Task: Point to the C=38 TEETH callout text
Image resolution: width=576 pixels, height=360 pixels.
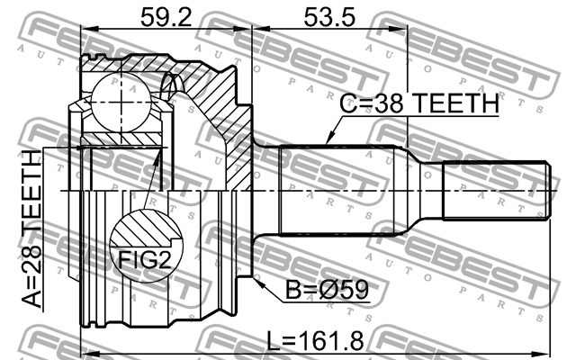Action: click(x=418, y=105)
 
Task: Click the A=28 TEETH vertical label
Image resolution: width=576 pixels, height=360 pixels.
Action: click(x=31, y=229)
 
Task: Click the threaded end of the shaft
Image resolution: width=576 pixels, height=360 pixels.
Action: click(x=496, y=191)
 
